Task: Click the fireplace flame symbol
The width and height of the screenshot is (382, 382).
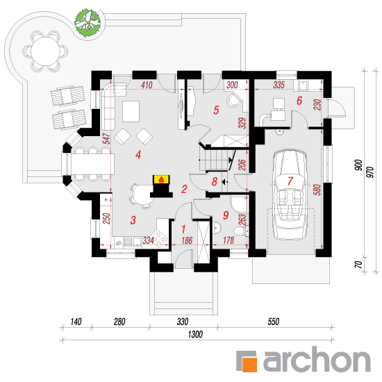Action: [161, 180]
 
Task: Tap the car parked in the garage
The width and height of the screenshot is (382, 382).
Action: [290, 194]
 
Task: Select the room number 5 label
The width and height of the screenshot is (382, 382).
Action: [216, 110]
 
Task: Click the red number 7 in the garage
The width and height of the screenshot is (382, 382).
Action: [290, 181]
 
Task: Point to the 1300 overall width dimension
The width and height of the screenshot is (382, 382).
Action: [195, 334]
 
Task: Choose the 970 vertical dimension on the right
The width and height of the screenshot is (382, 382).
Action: [370, 172]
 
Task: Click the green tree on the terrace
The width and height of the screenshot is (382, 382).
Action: [88, 23]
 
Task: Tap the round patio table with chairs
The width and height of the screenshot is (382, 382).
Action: [45, 51]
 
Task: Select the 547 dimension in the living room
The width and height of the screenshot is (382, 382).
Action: [107, 139]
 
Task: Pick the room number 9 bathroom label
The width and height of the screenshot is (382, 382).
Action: [226, 215]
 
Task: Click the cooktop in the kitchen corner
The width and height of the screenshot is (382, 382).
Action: [160, 238]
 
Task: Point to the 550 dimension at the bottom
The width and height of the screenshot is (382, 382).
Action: [274, 322]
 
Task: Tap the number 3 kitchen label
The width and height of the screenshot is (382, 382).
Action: [133, 220]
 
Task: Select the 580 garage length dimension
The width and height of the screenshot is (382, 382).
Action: [317, 190]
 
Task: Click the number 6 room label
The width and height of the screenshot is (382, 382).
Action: [299, 101]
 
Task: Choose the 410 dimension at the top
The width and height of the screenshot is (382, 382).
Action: [147, 85]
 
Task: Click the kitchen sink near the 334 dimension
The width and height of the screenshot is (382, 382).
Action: [119, 242]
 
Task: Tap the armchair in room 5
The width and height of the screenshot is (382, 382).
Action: [234, 99]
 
